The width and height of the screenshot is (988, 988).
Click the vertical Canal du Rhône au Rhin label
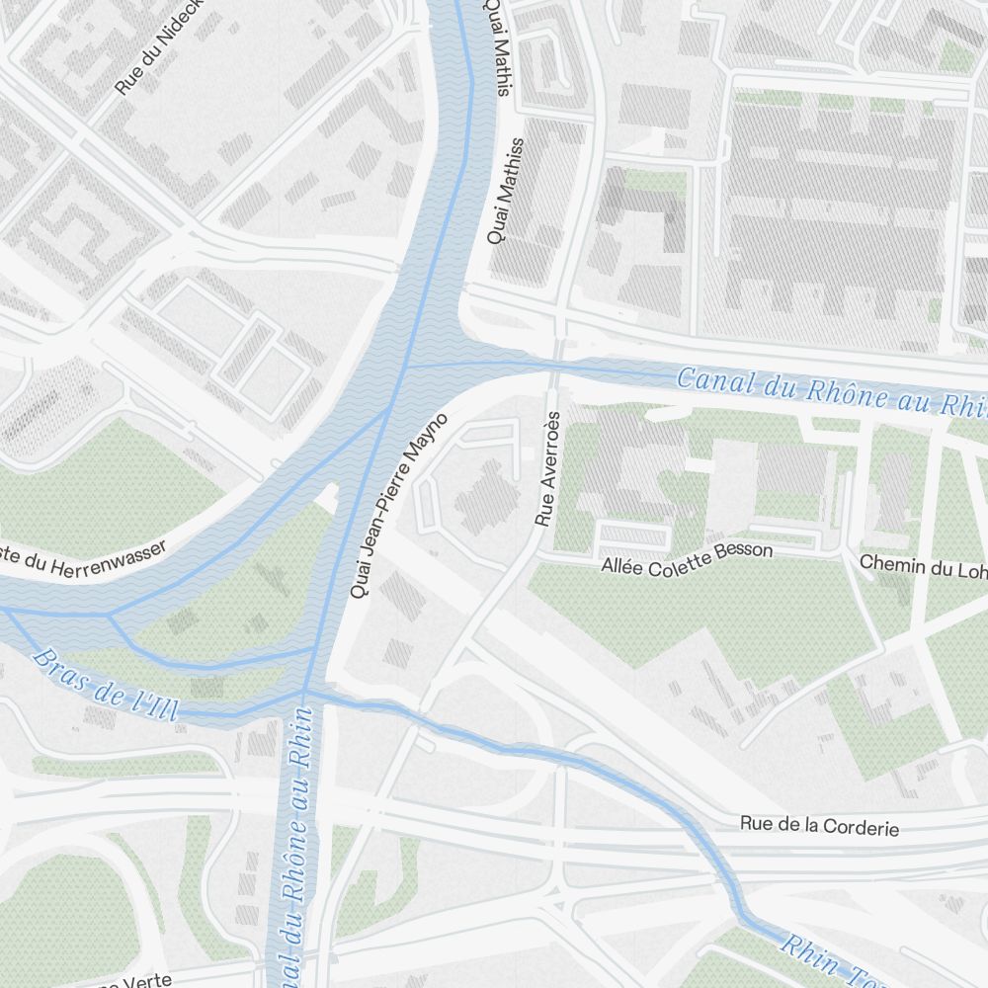[295, 840]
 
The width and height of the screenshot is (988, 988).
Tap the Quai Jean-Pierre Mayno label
[400, 506]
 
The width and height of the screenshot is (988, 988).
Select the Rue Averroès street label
[546, 468]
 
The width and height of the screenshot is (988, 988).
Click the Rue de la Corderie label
[820, 826]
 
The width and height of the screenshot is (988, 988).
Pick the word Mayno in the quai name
[430, 440]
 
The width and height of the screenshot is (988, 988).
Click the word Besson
[747, 551]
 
